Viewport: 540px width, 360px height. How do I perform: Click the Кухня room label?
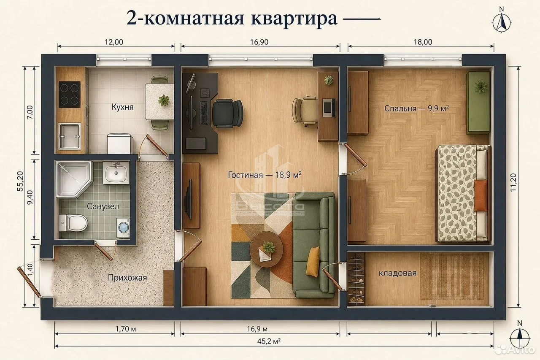(x=122, y=107)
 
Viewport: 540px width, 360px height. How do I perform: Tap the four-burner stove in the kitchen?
(x=70, y=94)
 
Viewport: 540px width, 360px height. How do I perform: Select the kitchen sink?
(x=70, y=136)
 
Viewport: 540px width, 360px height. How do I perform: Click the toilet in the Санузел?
(x=73, y=223)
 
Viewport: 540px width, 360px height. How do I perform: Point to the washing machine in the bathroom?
(x=123, y=228)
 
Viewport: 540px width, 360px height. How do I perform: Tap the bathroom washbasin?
(x=116, y=173)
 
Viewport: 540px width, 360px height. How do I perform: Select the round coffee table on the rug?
(x=266, y=249)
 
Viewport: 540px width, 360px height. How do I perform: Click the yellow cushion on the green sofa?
(x=313, y=262)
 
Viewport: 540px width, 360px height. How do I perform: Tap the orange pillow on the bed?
(x=481, y=195)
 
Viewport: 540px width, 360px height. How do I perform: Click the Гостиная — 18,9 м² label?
(x=265, y=175)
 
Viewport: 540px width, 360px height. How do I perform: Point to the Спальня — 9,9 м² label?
(x=416, y=108)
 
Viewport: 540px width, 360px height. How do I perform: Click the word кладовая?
(x=397, y=273)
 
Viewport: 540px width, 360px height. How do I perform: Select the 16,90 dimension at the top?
(x=259, y=42)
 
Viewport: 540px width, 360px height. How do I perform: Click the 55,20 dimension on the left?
(x=20, y=181)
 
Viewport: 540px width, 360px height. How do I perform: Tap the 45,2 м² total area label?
(x=269, y=341)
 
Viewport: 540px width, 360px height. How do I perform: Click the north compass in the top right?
(x=502, y=21)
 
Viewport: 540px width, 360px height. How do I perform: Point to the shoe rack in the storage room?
(x=356, y=279)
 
